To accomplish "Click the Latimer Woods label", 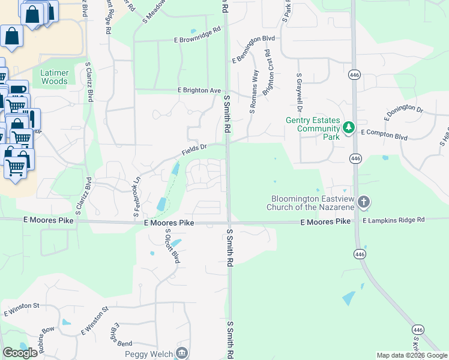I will (x=54, y=77).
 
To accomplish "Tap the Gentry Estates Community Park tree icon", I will (x=348, y=128).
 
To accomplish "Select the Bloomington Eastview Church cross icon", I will (x=363, y=202).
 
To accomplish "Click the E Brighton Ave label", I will (x=199, y=90).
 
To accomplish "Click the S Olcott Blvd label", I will (x=172, y=246).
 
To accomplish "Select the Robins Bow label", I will (x=46, y=337).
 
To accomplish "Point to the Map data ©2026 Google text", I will (x=412, y=355).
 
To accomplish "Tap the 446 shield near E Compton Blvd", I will (x=356, y=158).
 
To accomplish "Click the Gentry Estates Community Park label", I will (x=313, y=128).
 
